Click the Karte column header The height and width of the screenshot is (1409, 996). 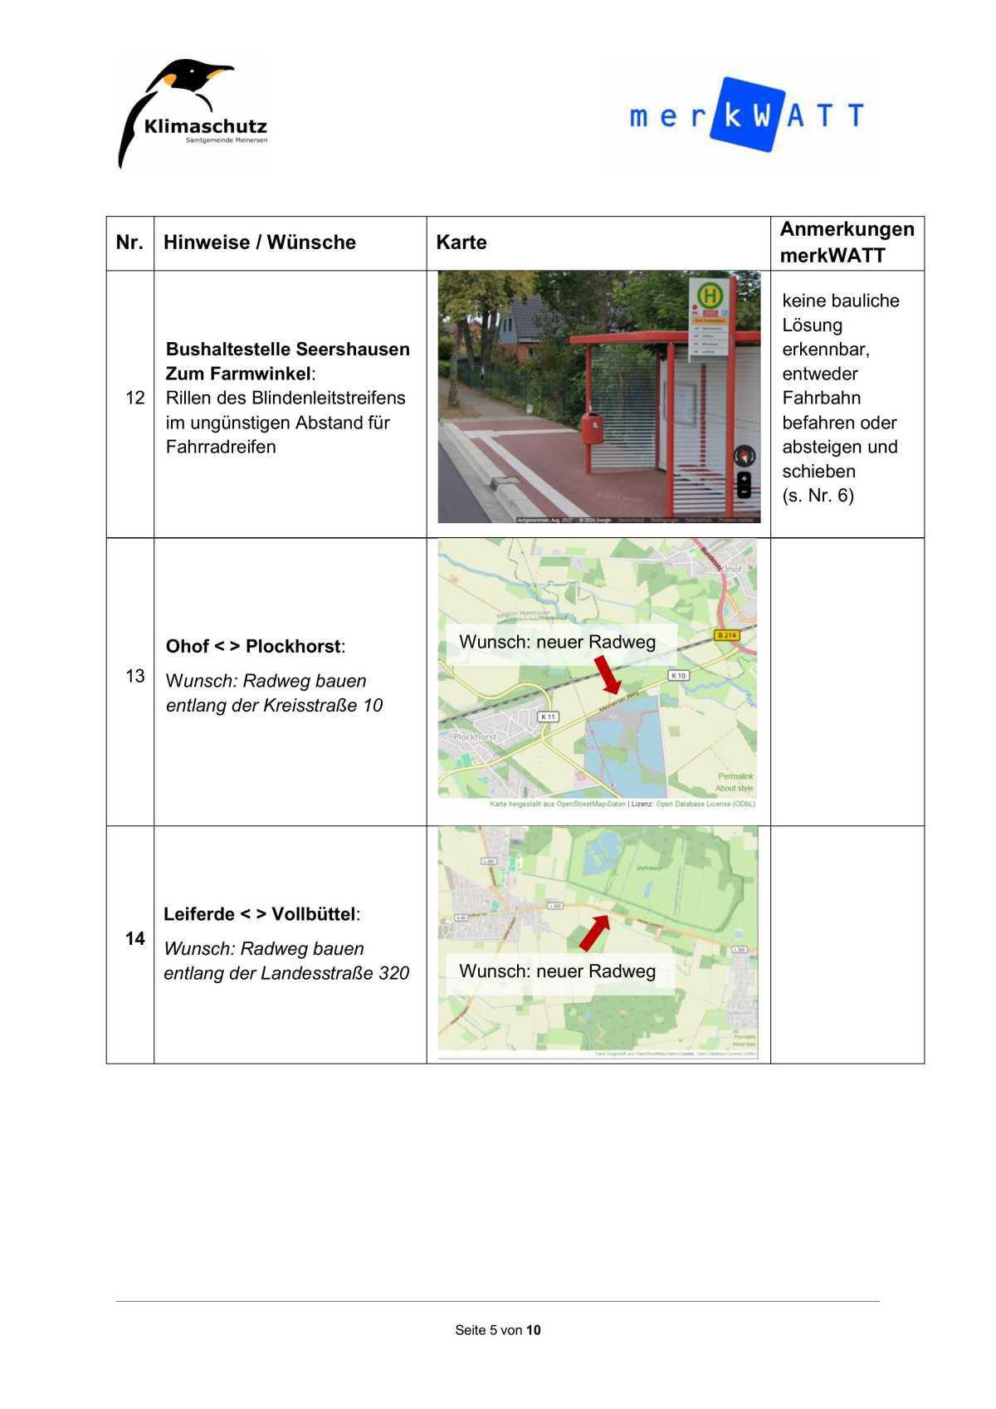click(461, 242)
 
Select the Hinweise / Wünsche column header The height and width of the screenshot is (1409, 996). click(259, 242)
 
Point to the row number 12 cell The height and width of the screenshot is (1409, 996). click(134, 398)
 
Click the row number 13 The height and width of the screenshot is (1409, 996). click(134, 676)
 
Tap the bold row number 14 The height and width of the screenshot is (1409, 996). click(134, 938)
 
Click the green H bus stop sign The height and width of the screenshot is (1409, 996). click(709, 295)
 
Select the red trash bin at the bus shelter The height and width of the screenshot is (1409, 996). click(591, 429)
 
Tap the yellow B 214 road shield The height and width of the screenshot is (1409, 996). click(726, 635)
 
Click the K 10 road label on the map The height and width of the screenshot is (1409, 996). click(679, 675)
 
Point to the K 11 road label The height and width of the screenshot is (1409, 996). click(549, 717)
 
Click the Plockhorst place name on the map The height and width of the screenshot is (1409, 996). click(475, 736)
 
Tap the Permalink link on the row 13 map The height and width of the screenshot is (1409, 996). click(735, 776)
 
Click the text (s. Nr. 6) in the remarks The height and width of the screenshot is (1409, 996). click(818, 496)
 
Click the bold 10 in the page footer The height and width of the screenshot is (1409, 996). click(533, 1330)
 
